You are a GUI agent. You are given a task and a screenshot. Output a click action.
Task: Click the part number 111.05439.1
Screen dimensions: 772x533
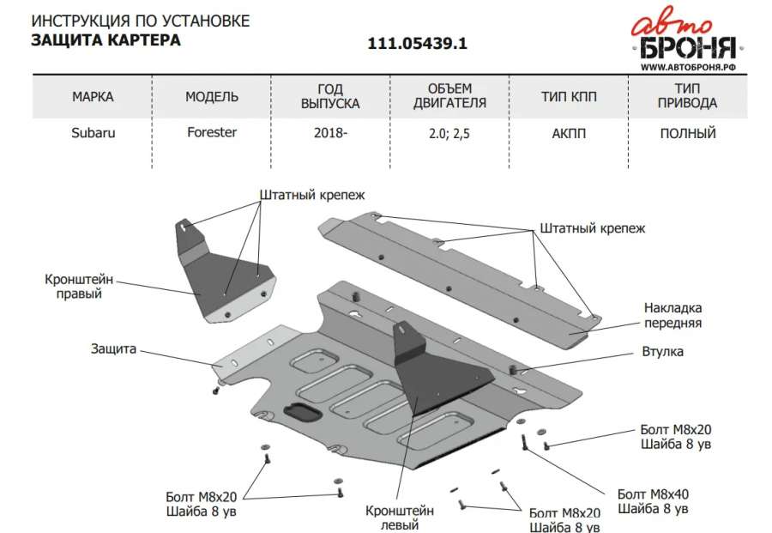(x=417, y=44)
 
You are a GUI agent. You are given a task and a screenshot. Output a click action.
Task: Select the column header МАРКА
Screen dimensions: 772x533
(x=93, y=96)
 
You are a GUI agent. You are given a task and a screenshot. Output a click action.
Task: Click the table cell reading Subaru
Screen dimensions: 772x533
(x=93, y=133)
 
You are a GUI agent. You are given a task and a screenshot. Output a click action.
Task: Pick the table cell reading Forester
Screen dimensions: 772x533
(x=212, y=132)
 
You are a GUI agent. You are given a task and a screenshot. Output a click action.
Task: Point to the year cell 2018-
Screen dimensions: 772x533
(x=330, y=133)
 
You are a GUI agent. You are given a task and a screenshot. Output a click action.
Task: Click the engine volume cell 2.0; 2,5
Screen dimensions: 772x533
(x=449, y=134)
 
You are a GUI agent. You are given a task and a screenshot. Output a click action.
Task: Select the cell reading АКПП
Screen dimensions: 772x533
(x=569, y=134)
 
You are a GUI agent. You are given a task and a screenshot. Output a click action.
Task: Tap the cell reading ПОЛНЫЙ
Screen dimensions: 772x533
(x=688, y=134)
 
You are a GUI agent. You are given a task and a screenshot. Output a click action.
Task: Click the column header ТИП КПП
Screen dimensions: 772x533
(x=569, y=96)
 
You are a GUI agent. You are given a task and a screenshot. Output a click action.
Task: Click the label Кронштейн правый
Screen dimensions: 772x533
(x=79, y=286)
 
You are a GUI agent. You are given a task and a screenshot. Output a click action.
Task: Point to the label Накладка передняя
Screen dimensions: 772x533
(x=672, y=315)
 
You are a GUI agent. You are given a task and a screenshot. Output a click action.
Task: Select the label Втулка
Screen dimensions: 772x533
(x=663, y=352)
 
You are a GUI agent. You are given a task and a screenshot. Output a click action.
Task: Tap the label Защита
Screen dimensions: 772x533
(x=113, y=348)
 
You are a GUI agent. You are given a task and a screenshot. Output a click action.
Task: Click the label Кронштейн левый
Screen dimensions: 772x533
(x=399, y=518)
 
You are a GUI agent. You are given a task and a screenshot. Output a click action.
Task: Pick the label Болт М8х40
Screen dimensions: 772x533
(x=653, y=494)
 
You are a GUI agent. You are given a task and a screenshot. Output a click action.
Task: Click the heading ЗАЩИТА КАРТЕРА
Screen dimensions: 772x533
(x=106, y=39)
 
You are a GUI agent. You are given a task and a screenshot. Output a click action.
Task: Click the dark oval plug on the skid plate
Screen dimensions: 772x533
(x=300, y=411)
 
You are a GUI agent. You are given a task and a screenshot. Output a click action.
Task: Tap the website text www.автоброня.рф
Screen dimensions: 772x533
(x=688, y=67)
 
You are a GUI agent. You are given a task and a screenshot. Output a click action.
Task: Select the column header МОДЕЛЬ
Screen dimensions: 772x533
(x=212, y=96)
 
